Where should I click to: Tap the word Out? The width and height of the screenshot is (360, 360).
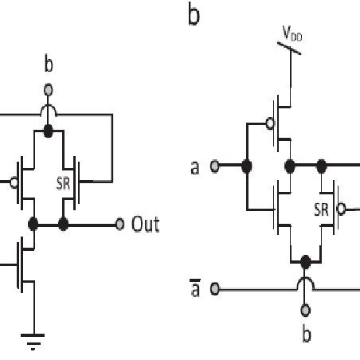[146, 225]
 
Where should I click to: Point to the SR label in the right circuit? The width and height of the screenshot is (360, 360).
[319, 210]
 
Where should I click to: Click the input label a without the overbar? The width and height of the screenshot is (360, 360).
[194, 167]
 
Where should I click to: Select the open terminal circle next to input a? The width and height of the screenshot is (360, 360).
[214, 166]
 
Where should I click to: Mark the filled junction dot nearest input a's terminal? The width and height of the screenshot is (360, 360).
[247, 166]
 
